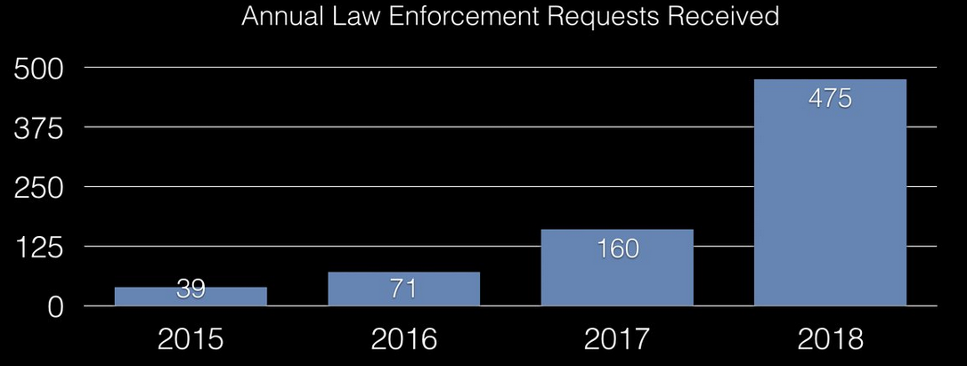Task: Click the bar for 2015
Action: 191,297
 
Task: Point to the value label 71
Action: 403,289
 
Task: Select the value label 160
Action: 617,248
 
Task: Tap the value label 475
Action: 830,99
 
